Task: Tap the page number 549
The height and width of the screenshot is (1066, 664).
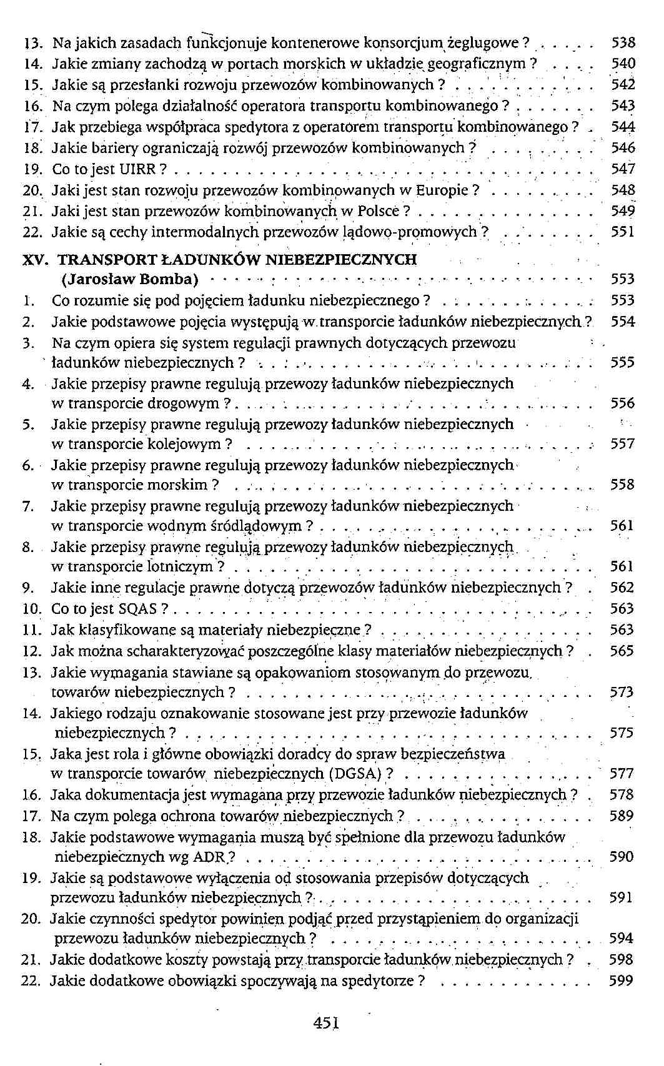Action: [622, 211]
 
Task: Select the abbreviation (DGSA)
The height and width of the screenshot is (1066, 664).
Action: [354, 774]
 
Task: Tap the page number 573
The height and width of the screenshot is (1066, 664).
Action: [622, 692]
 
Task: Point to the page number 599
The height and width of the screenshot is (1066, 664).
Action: [622, 980]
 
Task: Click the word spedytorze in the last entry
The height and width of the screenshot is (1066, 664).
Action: [381, 980]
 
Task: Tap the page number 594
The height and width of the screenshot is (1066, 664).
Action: [622, 939]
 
